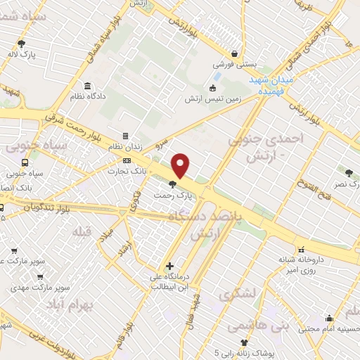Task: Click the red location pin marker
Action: [181, 165]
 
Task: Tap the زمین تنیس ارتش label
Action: [213, 99]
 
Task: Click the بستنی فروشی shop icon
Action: [234, 53]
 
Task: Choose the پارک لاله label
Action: [27, 53]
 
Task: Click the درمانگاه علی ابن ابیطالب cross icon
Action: [169, 266]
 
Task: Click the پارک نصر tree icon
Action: [349, 172]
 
